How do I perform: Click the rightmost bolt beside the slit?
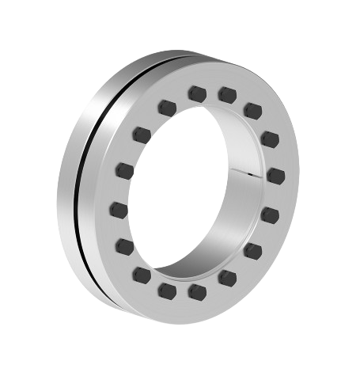275,173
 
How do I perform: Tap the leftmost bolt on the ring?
119,210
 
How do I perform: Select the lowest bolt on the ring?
197,292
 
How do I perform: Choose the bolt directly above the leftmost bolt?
123,169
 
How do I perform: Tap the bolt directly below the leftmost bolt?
124,246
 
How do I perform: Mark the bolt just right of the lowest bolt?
227,277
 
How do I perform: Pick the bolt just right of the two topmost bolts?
253,108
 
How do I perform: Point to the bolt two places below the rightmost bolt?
253,251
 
